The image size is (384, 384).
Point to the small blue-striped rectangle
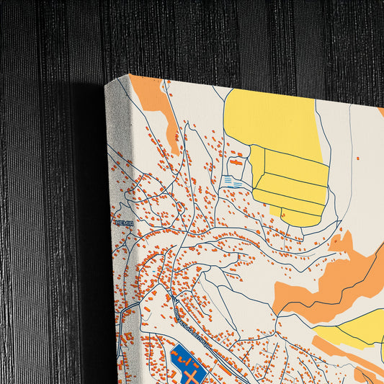click(x=233, y=181)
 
